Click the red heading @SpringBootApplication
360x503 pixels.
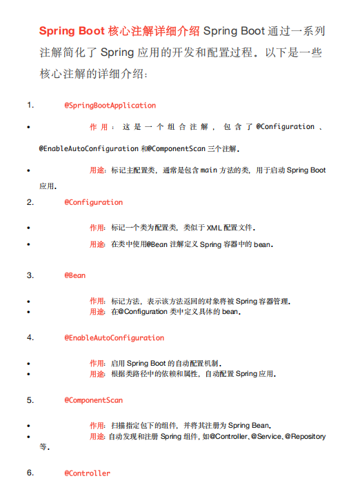tap(110, 106)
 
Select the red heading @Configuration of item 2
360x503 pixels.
tap(93, 202)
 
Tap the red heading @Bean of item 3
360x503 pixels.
tap(75, 275)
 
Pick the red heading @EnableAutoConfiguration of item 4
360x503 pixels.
tap(114, 338)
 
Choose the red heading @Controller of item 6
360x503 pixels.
tap(87, 473)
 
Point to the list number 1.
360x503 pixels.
tap(30, 106)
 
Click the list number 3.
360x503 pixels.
tap(30, 275)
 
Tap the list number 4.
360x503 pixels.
tap(30, 338)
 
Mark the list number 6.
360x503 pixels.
tap(30, 473)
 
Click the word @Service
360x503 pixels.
tap(266, 437)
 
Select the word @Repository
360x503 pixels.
tap(306, 437)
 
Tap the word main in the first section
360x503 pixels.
tap(209, 170)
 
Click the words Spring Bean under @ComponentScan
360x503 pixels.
tap(249, 425)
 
